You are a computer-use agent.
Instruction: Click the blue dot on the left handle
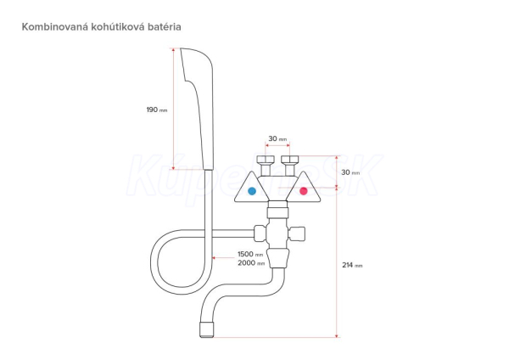pyautogui.click(x=250, y=192)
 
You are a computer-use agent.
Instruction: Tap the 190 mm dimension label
pyautogui.click(x=157, y=110)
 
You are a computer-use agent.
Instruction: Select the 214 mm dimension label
pyautogui.click(x=352, y=264)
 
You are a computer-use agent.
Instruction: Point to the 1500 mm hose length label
pyautogui.click(x=250, y=255)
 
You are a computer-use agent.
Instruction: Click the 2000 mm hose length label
pyautogui.click(x=250, y=264)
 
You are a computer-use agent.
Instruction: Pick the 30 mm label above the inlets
pyautogui.click(x=277, y=138)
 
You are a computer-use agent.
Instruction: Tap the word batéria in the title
pyautogui.click(x=160, y=27)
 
